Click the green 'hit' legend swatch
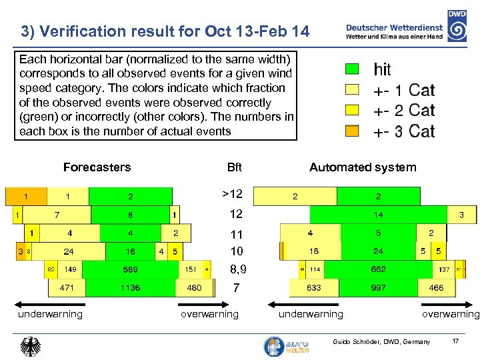pos(352,69)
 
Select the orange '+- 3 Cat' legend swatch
pos(352,131)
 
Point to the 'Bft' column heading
pos(235,167)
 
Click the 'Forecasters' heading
pos(97,167)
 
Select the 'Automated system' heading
pos(363,167)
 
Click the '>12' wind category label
pos(232,194)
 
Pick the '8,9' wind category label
pos(237,270)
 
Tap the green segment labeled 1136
pos(131,288)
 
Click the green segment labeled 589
pos(131,270)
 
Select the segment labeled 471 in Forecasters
pos(67,288)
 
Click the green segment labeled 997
pos(378,288)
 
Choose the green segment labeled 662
pos(378,270)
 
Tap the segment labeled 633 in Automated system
pos(314,288)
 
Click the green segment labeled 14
pos(378,215)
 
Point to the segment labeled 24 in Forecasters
pos(69,251)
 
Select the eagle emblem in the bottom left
pos(31,346)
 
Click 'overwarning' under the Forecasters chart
pos(209,314)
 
